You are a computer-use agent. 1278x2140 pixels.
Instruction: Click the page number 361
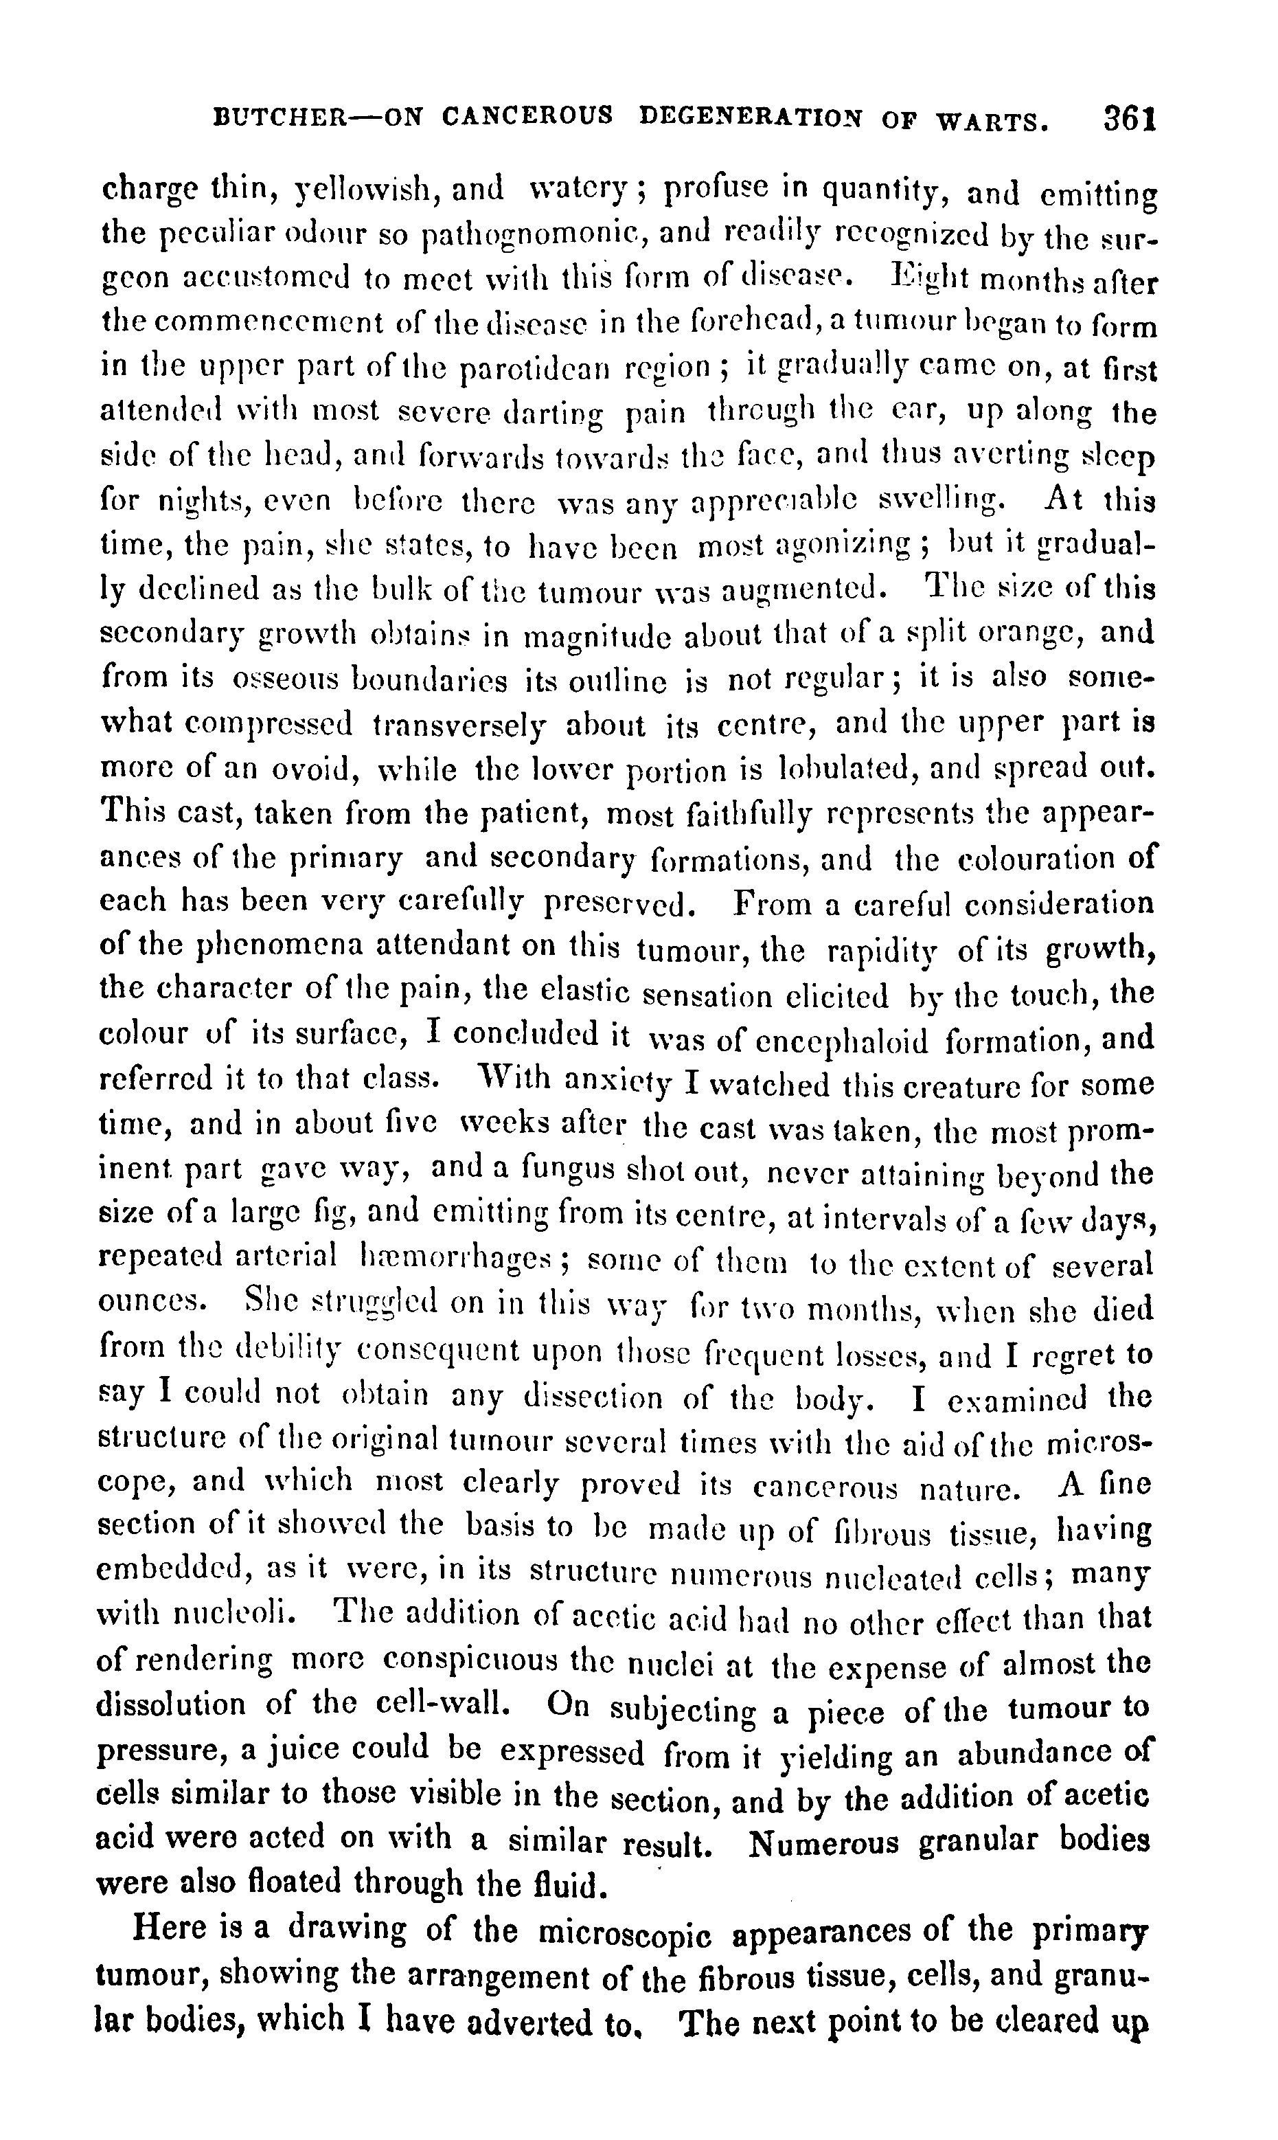[1128, 118]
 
